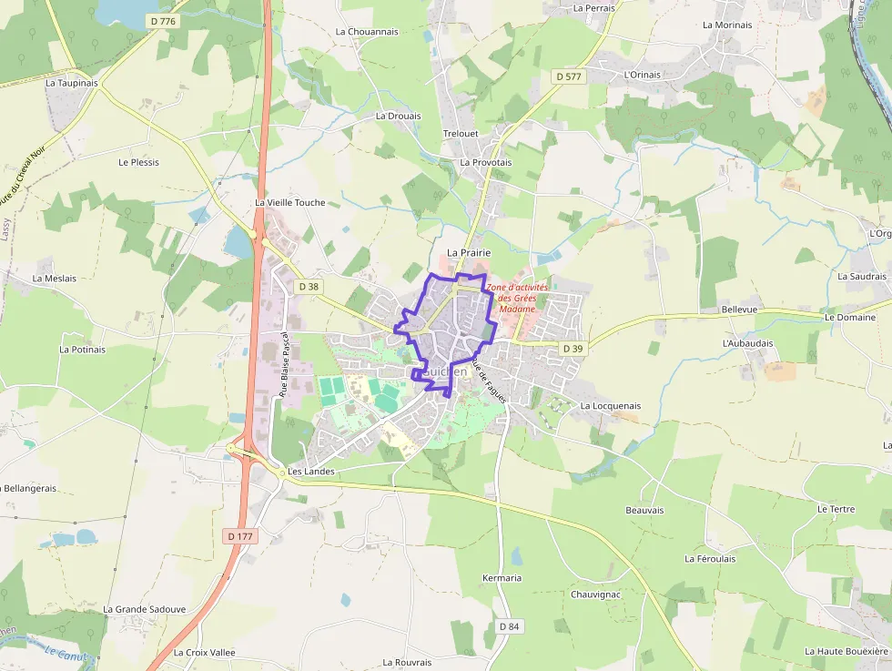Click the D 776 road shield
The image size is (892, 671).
click(x=164, y=21)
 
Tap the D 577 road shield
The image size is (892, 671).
click(x=568, y=76)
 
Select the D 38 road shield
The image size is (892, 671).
click(x=309, y=286)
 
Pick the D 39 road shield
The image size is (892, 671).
click(x=573, y=348)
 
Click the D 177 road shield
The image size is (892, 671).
click(x=240, y=536)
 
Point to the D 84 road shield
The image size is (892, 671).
click(x=510, y=626)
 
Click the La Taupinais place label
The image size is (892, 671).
click(x=72, y=82)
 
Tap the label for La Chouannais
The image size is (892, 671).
click(x=367, y=31)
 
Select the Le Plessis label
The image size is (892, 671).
click(x=138, y=162)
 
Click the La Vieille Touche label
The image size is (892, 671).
click(x=289, y=202)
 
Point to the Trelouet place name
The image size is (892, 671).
click(x=461, y=133)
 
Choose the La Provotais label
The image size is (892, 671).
click(x=486, y=162)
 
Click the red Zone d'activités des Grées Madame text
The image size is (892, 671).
click(x=517, y=298)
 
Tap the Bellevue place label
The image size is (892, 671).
click(x=739, y=310)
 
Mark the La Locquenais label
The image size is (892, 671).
click(x=610, y=405)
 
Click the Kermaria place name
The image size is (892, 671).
click(x=502, y=577)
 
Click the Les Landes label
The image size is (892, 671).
click(x=310, y=472)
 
